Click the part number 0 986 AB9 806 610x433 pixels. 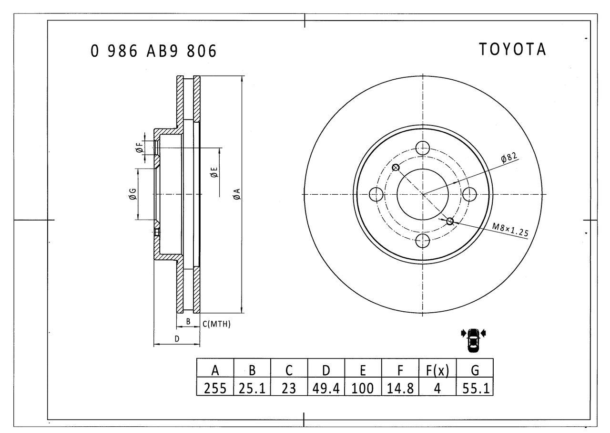(153, 51)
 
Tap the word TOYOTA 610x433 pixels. (512, 49)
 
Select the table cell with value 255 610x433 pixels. (215, 388)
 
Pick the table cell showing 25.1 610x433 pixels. (252, 388)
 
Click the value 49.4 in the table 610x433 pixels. (326, 388)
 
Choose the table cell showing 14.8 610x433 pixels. (400, 388)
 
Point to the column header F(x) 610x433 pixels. (437, 370)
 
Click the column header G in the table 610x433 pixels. (475, 370)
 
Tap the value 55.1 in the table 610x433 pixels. (475, 388)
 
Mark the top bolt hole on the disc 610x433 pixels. (423, 148)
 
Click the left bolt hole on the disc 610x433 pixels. (376, 194)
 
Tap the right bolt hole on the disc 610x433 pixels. (469, 194)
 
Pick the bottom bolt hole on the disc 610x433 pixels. (423, 241)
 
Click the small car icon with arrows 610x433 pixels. (473, 340)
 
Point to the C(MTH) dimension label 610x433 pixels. (216, 324)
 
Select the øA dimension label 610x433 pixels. (236, 194)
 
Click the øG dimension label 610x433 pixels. (132, 194)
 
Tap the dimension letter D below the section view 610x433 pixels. (177, 339)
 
